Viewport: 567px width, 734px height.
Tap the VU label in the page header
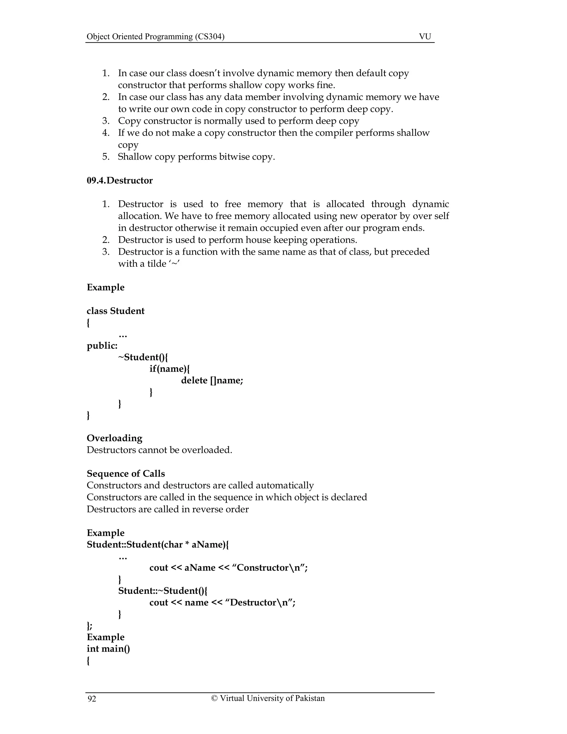(x=425, y=37)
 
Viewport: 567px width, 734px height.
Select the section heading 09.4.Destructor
(x=120, y=181)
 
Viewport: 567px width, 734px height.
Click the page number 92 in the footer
(x=92, y=699)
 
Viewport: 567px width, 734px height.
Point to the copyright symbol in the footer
(x=214, y=698)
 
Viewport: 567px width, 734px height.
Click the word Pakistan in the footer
(x=310, y=698)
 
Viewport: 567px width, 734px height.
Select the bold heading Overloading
(x=114, y=438)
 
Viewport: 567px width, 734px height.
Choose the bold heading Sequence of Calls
(x=126, y=474)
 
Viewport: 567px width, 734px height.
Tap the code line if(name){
(x=170, y=369)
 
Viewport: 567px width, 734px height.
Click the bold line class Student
(x=115, y=311)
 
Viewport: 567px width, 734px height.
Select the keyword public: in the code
(x=102, y=345)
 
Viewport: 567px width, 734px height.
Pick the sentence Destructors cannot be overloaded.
(x=159, y=450)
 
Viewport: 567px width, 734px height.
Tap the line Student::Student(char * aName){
(x=158, y=545)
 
